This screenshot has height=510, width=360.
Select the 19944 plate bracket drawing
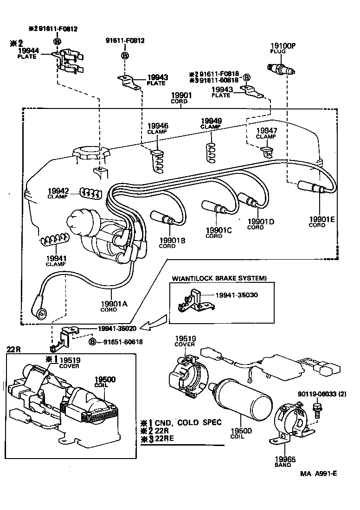tap(70, 61)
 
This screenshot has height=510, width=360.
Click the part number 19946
tap(158, 126)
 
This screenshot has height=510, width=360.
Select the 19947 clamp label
tap(266, 131)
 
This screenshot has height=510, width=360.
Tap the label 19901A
tap(114, 304)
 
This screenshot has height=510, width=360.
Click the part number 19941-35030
tap(237, 295)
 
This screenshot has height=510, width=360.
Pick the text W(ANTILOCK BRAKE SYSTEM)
tap(219, 278)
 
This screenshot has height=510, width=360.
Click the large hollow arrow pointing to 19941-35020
tap(154, 325)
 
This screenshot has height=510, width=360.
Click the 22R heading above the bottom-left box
tap(14, 349)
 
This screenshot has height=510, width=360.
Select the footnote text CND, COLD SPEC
tap(188, 422)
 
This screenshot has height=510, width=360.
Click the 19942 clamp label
tap(58, 191)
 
